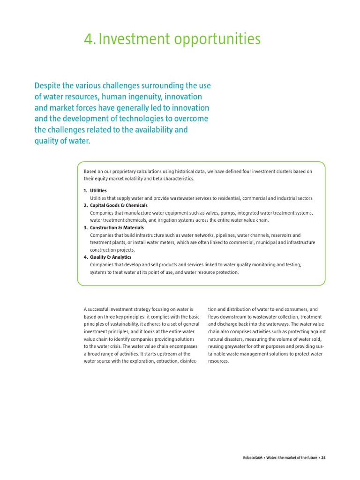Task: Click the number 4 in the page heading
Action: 88,39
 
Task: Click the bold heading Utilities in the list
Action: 98,191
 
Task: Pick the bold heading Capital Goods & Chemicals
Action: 119,205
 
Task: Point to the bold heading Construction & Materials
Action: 117,228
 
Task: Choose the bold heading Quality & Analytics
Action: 111,257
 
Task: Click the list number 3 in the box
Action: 85,228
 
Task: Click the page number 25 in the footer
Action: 323,457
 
